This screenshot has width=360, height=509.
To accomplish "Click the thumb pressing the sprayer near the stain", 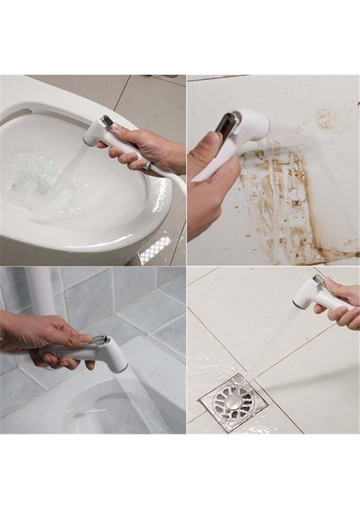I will click(204, 149).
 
